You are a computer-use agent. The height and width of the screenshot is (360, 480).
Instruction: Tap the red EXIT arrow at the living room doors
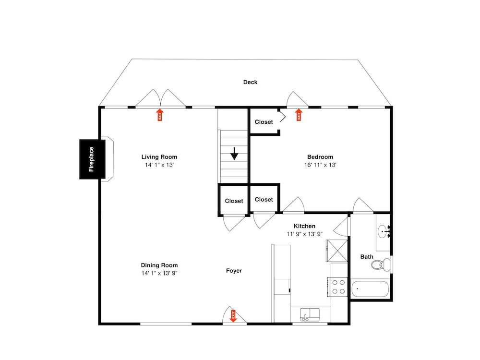pos(160,115)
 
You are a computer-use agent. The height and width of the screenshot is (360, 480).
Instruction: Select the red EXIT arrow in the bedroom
pos(299,115)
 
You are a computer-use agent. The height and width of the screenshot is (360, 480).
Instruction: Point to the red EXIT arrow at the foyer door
pos(233,316)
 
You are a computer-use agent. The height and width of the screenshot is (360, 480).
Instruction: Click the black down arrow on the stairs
pos(234,154)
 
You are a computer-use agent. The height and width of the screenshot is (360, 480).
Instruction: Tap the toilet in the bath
pos(381,264)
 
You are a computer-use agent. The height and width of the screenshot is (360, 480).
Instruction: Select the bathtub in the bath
pos(370,289)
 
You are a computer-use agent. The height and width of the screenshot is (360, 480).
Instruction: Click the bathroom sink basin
pos(383,231)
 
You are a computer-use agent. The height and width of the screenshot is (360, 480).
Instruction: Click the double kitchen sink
pos(310,314)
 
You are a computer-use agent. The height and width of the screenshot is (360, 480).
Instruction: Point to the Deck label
pos(251,82)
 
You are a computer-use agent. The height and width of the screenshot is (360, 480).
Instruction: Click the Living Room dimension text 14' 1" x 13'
pos(159,165)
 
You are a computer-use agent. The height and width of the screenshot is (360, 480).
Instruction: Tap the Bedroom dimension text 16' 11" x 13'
pos(320,165)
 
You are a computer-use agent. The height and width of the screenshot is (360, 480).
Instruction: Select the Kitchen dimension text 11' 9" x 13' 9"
pos(305,234)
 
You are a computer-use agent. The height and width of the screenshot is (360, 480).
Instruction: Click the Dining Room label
pos(159,265)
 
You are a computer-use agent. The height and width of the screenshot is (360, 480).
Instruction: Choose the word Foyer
pos(234,271)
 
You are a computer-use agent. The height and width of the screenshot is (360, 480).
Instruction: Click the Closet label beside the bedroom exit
pos(264,122)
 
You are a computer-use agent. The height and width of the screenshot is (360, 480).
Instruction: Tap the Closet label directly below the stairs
pos(234,201)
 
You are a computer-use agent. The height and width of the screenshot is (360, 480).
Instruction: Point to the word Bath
pos(367,256)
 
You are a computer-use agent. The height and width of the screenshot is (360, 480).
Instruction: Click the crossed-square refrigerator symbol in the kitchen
pos(337,251)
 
